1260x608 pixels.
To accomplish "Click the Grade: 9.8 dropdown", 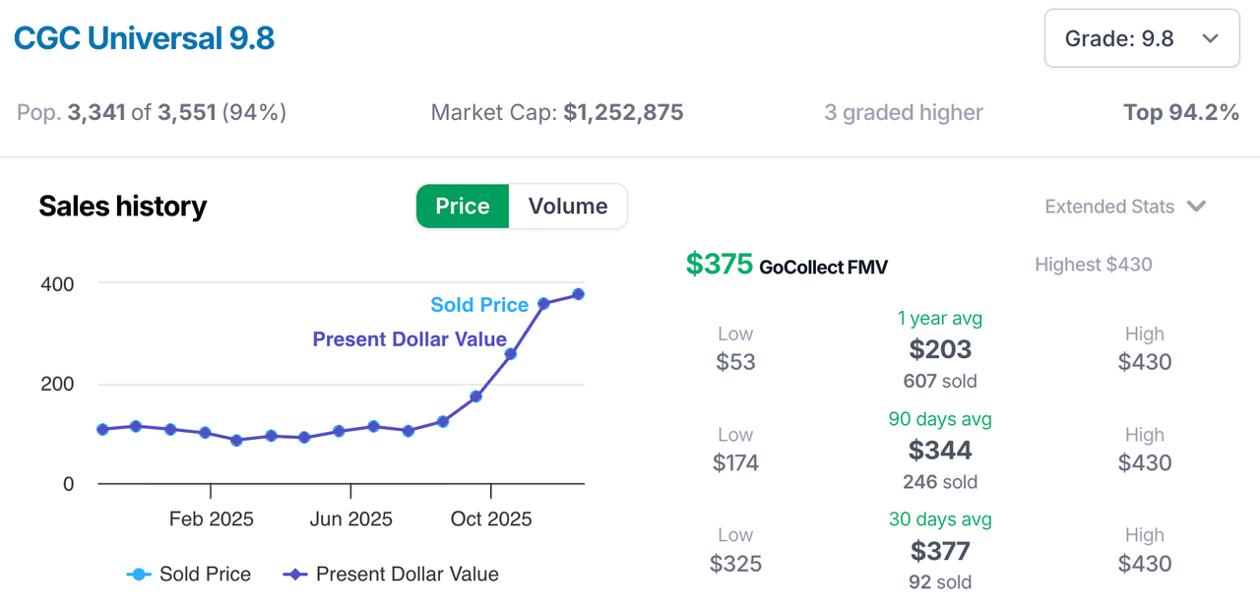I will point(1141,38).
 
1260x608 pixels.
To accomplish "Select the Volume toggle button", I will point(567,207).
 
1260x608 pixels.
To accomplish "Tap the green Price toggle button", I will point(462,207).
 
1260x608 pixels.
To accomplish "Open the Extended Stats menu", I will point(1124,207).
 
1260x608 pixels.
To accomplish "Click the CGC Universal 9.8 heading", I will point(144,38).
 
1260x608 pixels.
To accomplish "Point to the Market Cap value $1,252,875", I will point(623,113).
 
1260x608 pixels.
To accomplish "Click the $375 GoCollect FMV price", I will point(720,265).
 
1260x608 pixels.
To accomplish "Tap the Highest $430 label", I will point(1093,265).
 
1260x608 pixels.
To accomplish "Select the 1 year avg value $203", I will point(940,349).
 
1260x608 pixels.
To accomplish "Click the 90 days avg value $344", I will point(940,451).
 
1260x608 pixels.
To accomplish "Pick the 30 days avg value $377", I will point(940,551).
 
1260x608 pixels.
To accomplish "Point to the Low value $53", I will point(735,362).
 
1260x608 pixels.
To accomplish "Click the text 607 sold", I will point(940,381).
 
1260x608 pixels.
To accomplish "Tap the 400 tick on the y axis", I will point(57,284).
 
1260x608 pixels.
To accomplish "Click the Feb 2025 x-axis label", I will point(211,519).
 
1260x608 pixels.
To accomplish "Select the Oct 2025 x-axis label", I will point(490,519).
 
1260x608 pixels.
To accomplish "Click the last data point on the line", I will point(578,294).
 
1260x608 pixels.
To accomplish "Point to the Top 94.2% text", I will point(1180,113).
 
